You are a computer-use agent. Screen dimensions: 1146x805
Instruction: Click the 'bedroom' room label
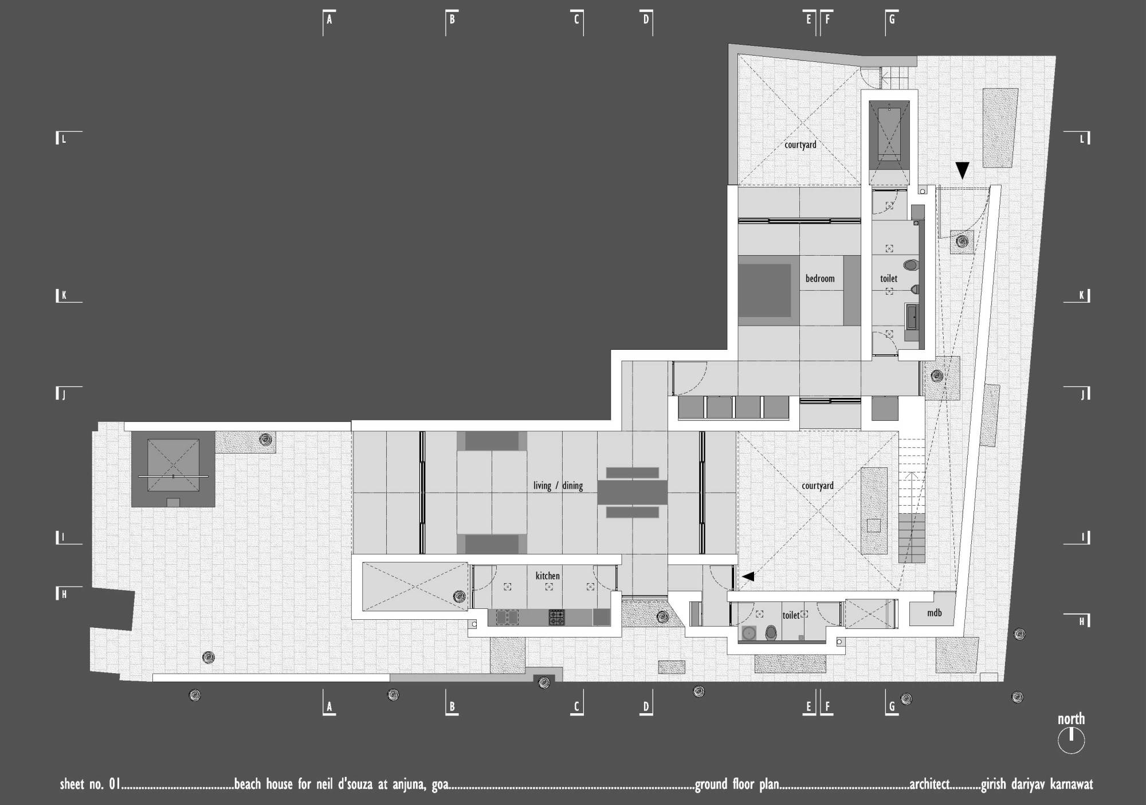tap(820, 279)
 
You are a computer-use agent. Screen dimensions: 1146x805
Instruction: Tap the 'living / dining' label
tap(558, 486)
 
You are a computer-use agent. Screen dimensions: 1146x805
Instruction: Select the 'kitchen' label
tap(548, 576)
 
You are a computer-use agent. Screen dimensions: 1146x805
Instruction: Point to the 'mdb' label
tap(935, 613)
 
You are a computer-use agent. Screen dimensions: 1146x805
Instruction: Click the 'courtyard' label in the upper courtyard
tap(800, 145)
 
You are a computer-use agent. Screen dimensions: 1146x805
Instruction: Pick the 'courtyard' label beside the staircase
tap(818, 486)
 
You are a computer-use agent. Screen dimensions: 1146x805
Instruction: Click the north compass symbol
tap(1071, 740)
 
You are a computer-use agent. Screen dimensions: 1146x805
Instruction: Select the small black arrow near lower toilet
tap(748, 577)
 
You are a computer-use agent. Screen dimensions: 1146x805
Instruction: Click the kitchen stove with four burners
tap(557, 617)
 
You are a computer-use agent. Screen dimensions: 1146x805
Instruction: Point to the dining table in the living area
tap(633, 493)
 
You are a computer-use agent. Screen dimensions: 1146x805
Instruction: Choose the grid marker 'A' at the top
tap(329, 19)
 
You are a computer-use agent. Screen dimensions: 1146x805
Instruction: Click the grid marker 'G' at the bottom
tap(892, 707)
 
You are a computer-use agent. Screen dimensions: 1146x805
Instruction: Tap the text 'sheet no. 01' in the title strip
tap(90, 784)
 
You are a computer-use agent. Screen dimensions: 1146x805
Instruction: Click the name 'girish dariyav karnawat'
tap(1037, 784)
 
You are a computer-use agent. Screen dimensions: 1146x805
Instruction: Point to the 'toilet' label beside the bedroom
tap(889, 279)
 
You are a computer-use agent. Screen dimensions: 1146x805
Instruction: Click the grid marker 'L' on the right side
tap(1082, 138)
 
